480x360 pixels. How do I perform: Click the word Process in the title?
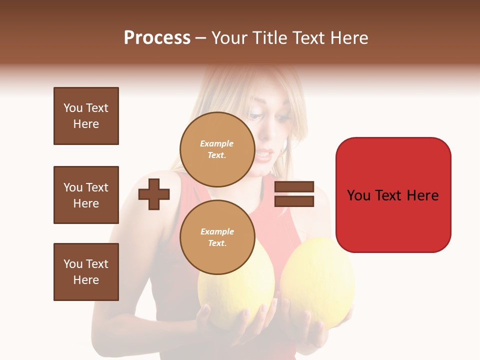pos(157,38)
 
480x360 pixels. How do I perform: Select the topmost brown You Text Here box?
pos(86,116)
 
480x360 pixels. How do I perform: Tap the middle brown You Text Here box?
pos(86,195)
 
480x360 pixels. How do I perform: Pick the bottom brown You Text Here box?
pos(86,272)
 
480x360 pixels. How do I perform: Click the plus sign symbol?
pos(154,194)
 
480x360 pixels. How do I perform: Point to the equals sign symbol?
pos(294,194)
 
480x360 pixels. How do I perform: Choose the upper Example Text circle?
pos(217,149)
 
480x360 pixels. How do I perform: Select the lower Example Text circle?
pos(217,237)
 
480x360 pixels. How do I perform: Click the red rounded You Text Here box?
pos(393,195)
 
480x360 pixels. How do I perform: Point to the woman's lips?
pos(266,153)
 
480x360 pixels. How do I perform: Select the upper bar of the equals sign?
pos(294,187)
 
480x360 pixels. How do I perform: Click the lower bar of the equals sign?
pos(294,201)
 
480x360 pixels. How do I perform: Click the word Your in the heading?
pos(228,38)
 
